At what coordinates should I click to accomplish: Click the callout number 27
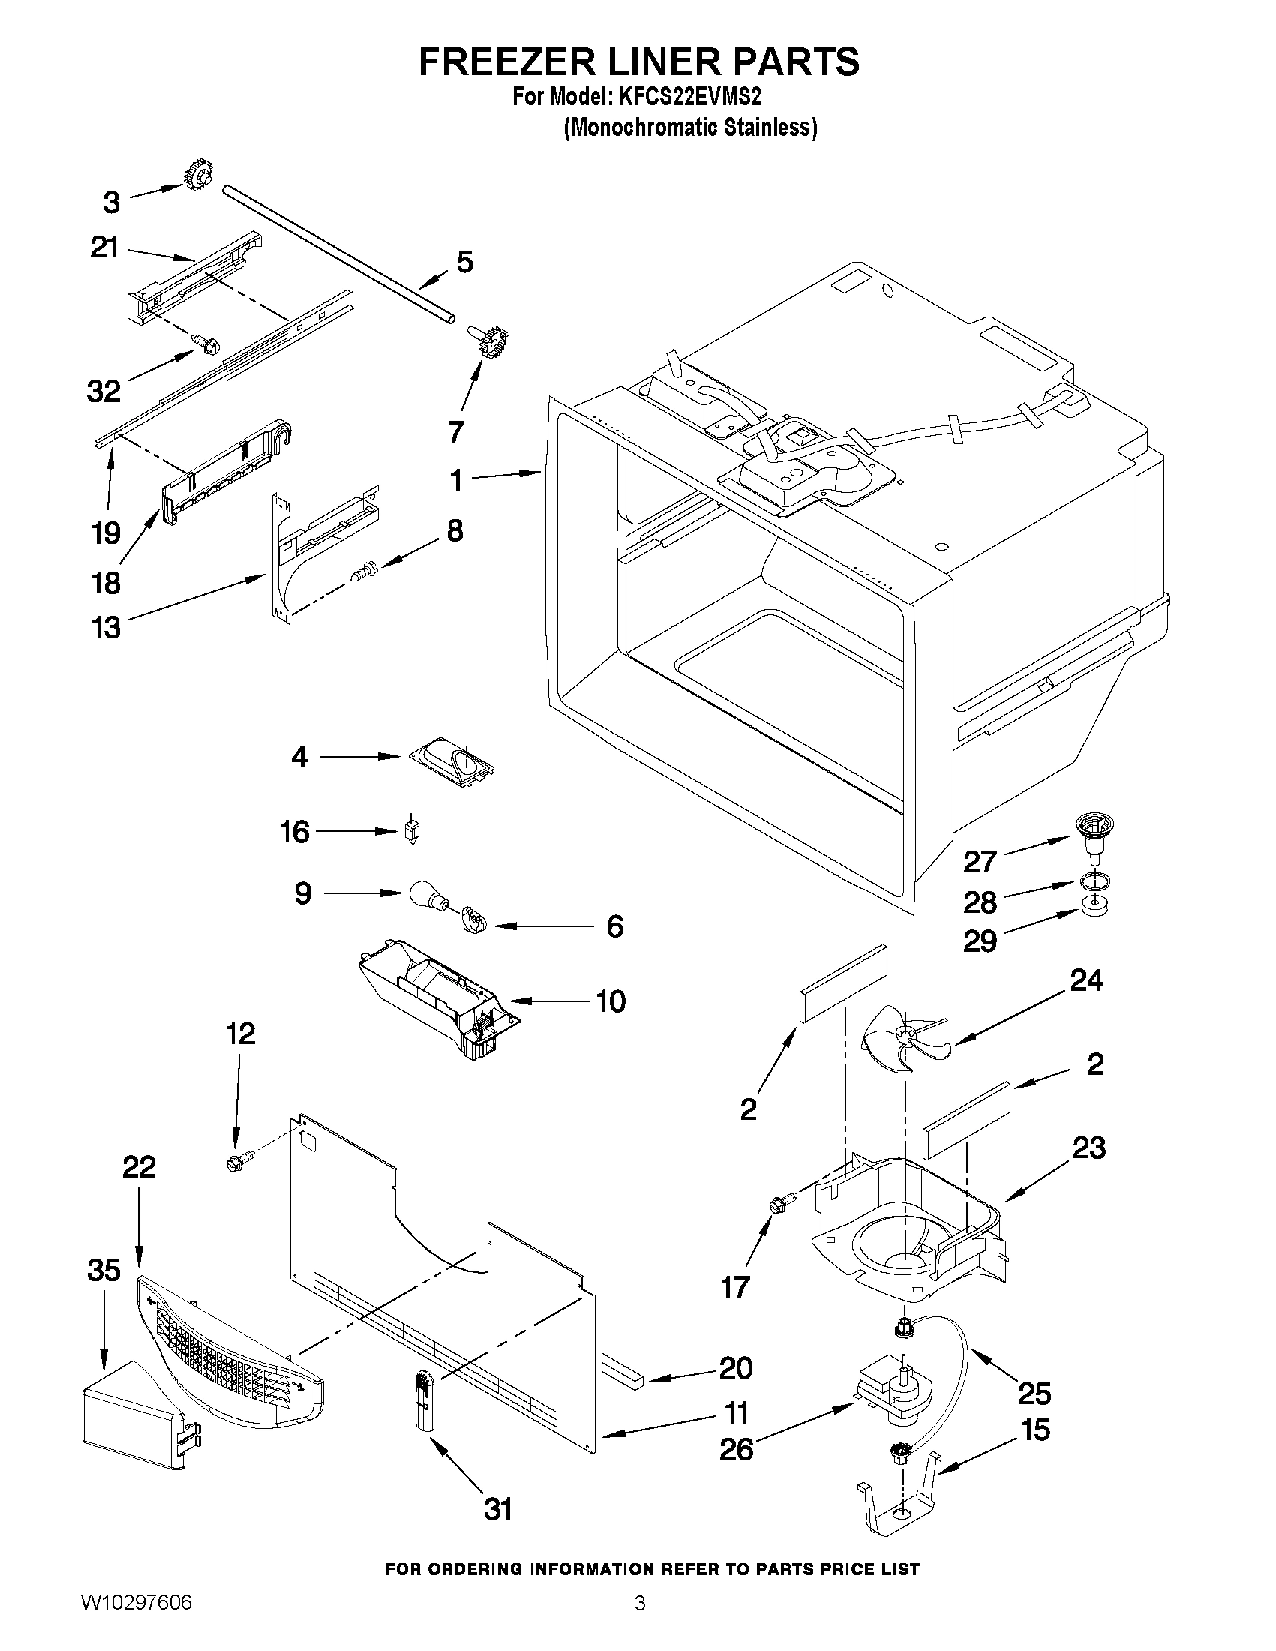pos(980,861)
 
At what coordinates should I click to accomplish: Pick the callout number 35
pos(104,1270)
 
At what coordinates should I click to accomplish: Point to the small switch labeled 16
pos(413,832)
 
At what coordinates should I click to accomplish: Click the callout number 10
pos(611,1001)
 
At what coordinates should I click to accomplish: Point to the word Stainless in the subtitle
pos(769,128)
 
